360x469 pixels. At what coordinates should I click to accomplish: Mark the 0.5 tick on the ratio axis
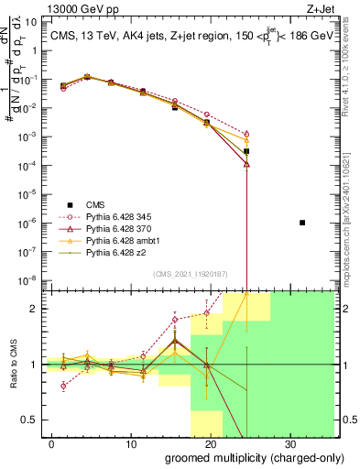[29, 420]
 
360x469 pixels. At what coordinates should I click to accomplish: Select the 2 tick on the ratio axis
[33, 309]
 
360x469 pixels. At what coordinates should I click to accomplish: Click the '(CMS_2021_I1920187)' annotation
[191, 273]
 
